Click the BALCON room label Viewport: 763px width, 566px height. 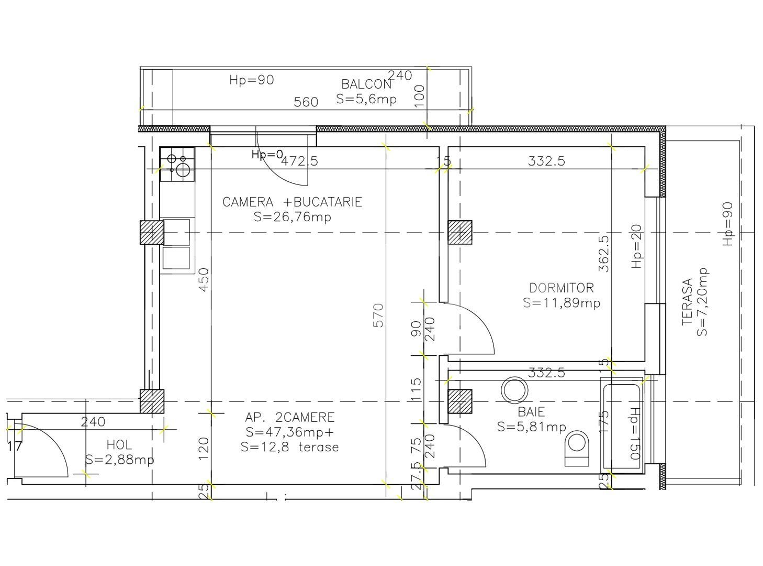366,84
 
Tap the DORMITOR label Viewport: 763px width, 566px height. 562,288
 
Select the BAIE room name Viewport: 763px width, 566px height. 532,412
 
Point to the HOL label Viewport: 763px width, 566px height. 119,445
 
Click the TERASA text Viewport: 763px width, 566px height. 687,302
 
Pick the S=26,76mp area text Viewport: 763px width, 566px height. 293,217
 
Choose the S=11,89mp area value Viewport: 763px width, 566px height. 562,303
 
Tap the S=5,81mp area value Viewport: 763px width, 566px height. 532,427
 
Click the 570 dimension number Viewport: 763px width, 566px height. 378,315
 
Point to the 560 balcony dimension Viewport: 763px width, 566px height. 306,102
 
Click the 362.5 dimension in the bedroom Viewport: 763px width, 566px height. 604,253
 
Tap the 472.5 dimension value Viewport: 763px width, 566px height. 300,161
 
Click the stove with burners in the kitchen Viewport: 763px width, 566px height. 177,165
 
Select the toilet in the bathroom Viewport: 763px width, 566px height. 578,449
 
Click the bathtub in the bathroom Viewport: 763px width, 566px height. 622,425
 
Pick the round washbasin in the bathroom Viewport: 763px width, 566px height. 514,390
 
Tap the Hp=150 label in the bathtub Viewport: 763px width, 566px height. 635,434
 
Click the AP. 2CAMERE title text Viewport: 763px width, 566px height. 289,417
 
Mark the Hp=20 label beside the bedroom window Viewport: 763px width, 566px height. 637,246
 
